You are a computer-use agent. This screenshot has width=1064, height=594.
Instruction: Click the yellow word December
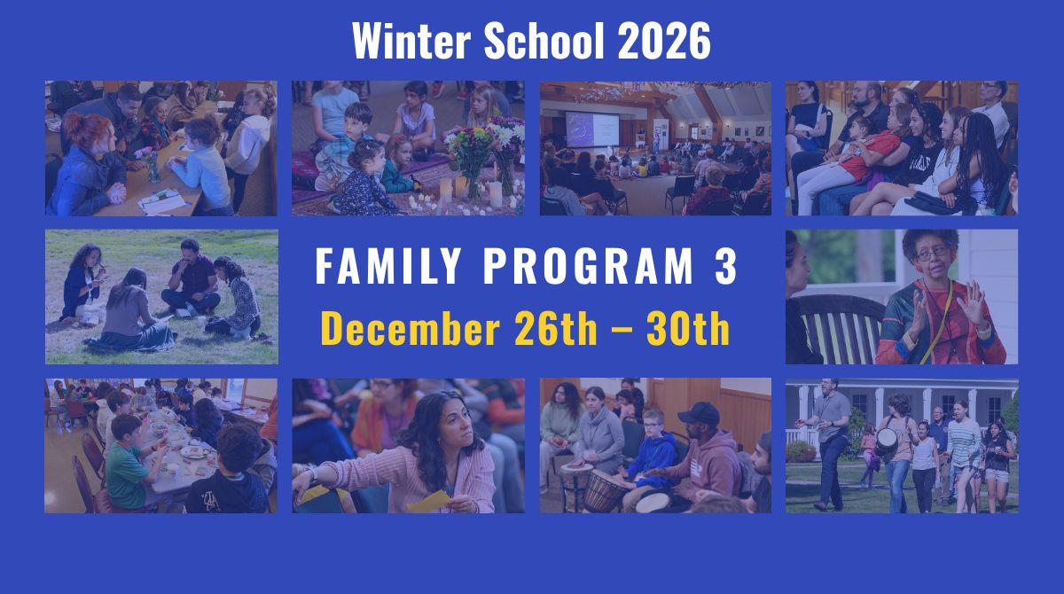point(411,328)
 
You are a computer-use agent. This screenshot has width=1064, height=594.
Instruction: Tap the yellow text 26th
point(556,328)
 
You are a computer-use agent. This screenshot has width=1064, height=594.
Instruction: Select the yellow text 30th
point(688,328)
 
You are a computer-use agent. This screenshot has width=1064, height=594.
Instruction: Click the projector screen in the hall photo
point(592,129)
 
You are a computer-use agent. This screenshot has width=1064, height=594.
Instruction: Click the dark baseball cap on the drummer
point(699,413)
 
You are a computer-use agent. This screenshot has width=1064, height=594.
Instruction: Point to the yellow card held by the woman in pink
point(429,502)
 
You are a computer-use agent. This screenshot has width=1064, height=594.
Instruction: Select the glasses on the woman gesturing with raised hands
point(931,254)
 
